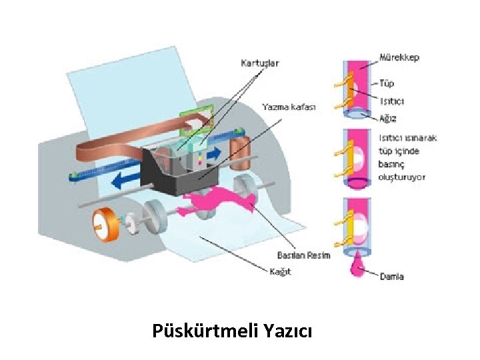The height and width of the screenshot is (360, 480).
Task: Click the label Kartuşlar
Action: coord(260,63)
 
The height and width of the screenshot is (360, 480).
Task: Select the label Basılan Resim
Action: coord(303,255)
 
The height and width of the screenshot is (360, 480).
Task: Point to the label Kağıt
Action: coord(281,272)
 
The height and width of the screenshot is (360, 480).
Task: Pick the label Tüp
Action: coord(387,83)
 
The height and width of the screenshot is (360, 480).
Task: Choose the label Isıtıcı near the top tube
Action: coord(392,101)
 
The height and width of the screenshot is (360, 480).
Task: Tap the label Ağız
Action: coord(388,118)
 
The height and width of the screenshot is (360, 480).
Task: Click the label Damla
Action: coord(391,277)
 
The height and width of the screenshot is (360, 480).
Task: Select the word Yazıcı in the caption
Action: coord(288,331)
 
